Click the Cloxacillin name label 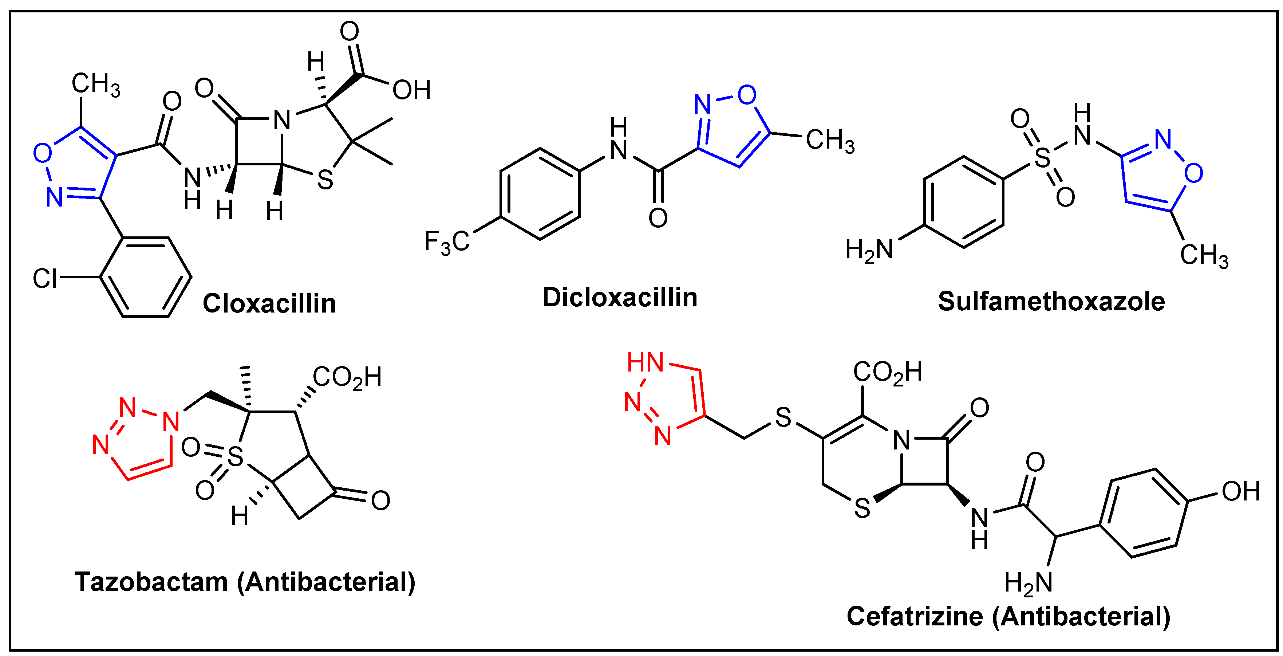(x=269, y=303)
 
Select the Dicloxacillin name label (x=620, y=297)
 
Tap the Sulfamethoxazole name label (x=1051, y=301)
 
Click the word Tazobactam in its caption (x=151, y=581)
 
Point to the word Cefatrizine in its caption (x=915, y=616)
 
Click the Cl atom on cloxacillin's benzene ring (x=45, y=278)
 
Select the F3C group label (x=446, y=242)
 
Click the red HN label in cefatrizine (x=645, y=362)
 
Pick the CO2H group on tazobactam (x=347, y=377)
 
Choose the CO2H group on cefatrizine (x=888, y=373)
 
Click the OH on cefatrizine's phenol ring (x=1241, y=492)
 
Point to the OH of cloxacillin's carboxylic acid (x=411, y=90)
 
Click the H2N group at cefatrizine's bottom (x=1028, y=583)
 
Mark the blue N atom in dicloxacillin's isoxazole (x=703, y=105)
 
